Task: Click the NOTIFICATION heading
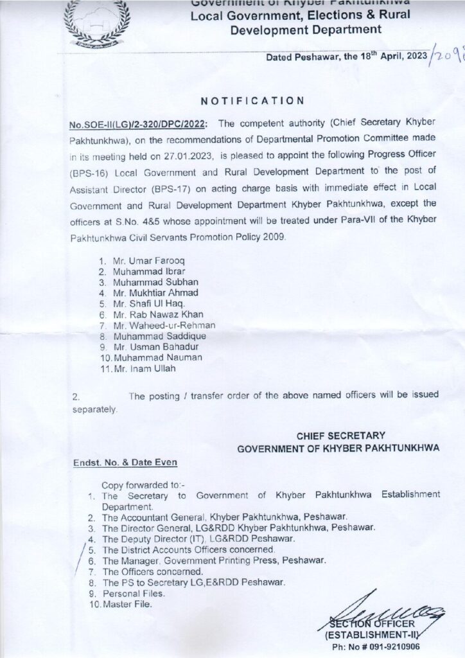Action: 252,100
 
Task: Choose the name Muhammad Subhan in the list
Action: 146,281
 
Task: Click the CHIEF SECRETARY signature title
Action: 340,436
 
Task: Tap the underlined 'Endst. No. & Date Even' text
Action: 125,461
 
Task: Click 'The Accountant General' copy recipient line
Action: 224,517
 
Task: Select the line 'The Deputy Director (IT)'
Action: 197,538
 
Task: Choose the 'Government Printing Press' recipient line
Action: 227,560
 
